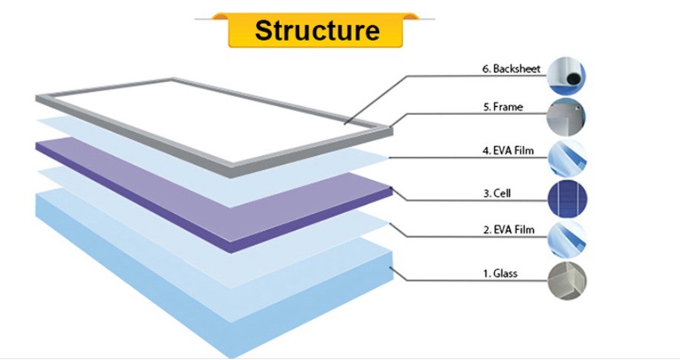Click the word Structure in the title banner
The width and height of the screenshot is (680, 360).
317,30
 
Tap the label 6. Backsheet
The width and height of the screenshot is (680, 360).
511,68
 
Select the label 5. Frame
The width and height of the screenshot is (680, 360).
503,107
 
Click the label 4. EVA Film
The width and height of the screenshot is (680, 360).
508,151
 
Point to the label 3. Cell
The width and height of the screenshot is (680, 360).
497,193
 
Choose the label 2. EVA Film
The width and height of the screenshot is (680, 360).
509,229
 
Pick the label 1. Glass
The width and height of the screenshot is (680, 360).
500,273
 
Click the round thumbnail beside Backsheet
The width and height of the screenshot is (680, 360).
566,76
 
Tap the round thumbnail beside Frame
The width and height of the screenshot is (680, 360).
566,117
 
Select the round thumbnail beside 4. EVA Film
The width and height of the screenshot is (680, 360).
567,158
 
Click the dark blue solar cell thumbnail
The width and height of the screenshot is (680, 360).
567,199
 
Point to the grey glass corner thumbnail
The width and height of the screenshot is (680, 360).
567,281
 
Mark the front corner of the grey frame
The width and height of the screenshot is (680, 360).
231,171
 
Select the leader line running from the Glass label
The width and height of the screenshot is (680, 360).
468,280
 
